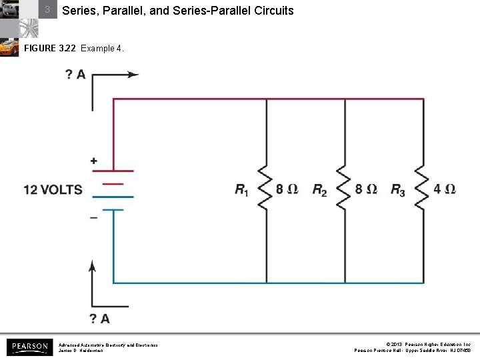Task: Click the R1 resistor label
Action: (x=241, y=190)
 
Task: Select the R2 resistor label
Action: (x=320, y=190)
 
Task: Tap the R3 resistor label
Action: (x=398, y=190)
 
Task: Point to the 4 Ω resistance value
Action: (x=445, y=189)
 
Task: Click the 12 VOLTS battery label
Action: (x=53, y=190)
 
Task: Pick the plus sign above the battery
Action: (x=93, y=161)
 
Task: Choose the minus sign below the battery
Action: (x=93, y=217)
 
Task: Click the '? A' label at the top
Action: (x=75, y=75)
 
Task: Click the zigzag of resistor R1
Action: (x=267, y=189)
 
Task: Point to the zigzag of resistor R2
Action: (x=345, y=189)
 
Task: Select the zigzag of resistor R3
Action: (x=423, y=189)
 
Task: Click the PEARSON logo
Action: (x=29, y=347)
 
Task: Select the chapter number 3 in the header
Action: (x=47, y=10)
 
